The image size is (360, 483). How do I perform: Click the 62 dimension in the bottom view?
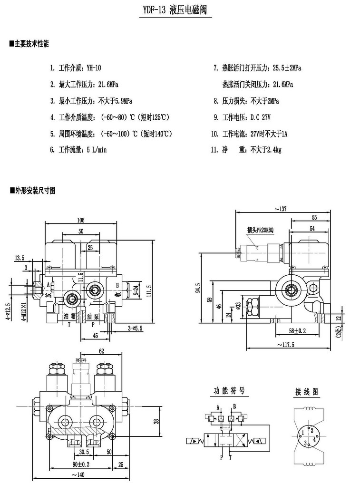[101, 351]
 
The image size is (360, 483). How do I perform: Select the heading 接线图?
[307, 392]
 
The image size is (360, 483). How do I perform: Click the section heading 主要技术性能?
[32, 44]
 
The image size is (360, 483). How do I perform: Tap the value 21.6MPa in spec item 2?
[108, 85]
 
